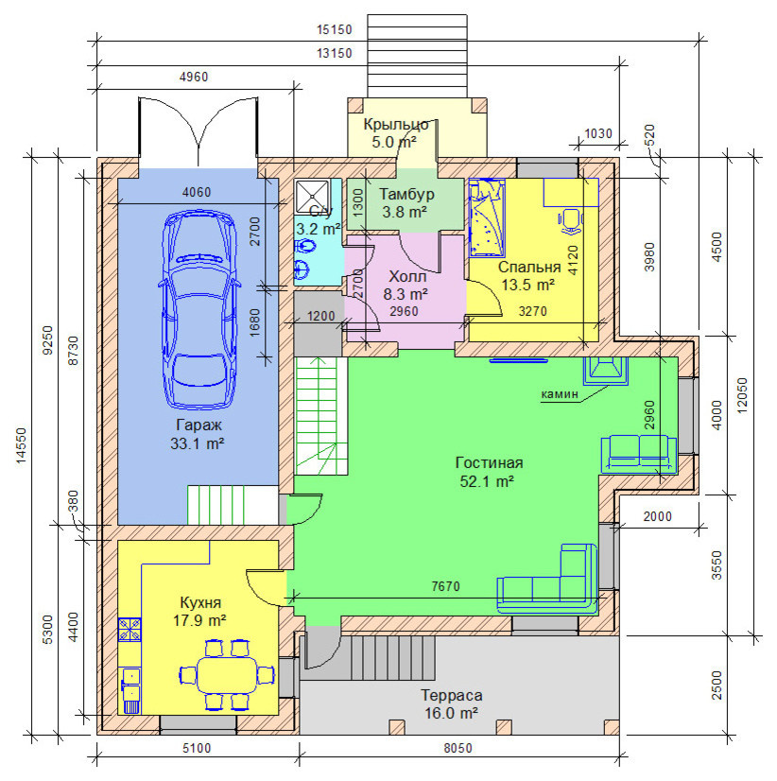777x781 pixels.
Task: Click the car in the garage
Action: pyautogui.click(x=199, y=310)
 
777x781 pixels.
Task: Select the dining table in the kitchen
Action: pyautogui.click(x=227, y=675)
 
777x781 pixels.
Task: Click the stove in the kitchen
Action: pyautogui.click(x=129, y=629)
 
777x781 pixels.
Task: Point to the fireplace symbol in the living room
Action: pyautogui.click(x=606, y=371)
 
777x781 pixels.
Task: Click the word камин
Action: pyautogui.click(x=560, y=394)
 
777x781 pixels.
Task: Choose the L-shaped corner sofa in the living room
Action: pyautogui.click(x=548, y=580)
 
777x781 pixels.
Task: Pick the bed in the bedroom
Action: pyautogui.click(x=487, y=217)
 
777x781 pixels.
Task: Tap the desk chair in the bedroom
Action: pyautogui.click(x=570, y=221)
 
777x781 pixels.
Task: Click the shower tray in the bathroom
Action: pyautogui.click(x=312, y=197)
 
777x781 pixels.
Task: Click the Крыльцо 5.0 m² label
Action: pyautogui.click(x=395, y=133)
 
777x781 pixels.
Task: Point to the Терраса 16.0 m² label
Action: pyautogui.click(x=451, y=703)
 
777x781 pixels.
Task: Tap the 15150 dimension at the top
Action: pyautogui.click(x=335, y=30)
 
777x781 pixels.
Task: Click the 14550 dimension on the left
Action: pyautogui.click(x=21, y=445)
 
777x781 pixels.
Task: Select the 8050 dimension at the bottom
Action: pyautogui.click(x=458, y=748)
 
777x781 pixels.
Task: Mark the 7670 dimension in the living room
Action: pyautogui.click(x=446, y=587)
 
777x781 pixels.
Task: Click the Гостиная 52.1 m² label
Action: pyautogui.click(x=489, y=472)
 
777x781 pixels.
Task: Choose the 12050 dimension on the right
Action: pyautogui.click(x=742, y=395)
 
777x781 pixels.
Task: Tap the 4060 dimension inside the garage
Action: pyautogui.click(x=197, y=192)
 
